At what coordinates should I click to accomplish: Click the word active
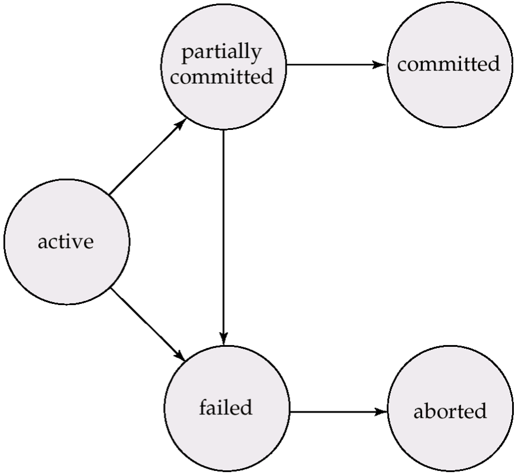coord(65,242)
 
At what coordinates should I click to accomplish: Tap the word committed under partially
coord(224,76)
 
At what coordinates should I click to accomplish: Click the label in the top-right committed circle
coord(449,63)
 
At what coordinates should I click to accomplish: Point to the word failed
coord(225,407)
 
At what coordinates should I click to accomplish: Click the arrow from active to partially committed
coord(148,156)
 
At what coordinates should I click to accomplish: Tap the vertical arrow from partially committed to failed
coord(224,235)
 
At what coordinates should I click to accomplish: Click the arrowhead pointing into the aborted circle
coord(383,412)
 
